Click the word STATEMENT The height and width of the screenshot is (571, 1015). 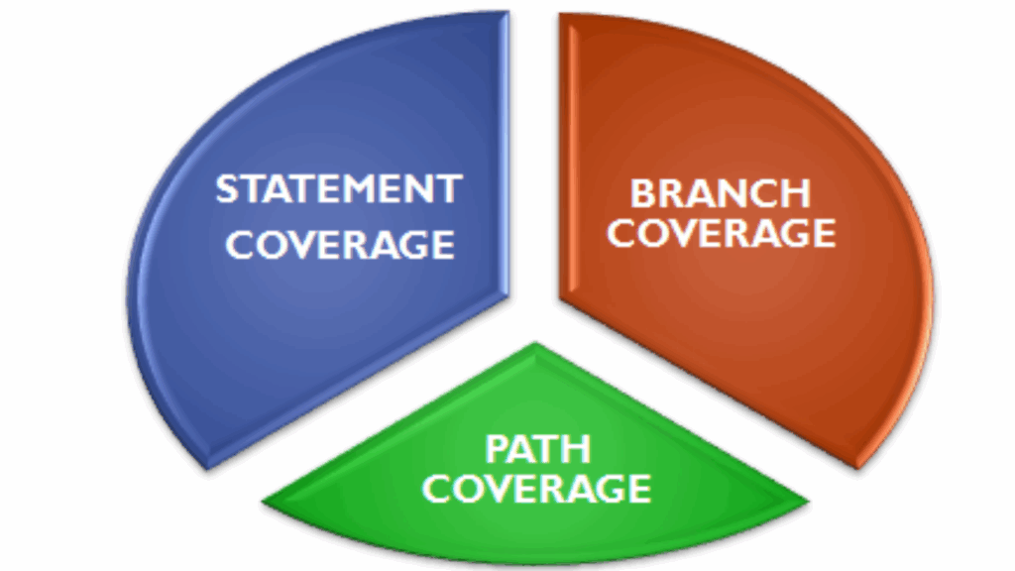coord(339,188)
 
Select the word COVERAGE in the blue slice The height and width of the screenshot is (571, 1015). coord(340,244)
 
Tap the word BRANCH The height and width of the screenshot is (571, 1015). coord(721,192)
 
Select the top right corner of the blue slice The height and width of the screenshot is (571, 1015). coord(507,14)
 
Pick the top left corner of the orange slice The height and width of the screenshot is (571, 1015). coord(562,15)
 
